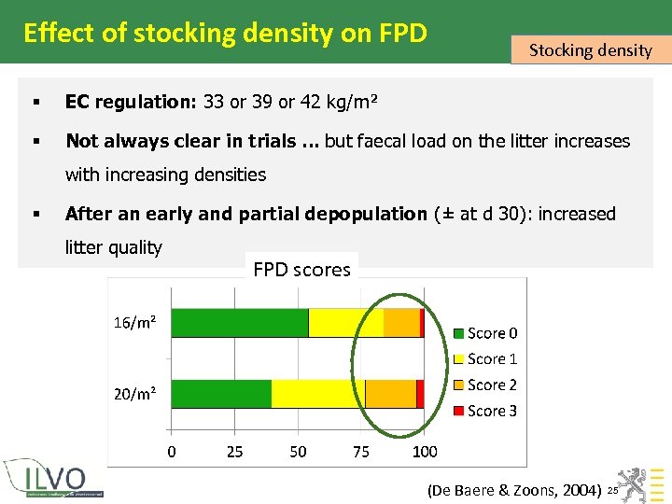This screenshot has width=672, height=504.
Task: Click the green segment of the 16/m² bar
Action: [x=240, y=322]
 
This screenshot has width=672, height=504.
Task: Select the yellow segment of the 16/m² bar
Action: [x=345, y=322]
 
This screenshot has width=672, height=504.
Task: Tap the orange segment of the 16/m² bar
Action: [x=401, y=322]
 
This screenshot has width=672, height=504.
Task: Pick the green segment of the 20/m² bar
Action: [x=221, y=393]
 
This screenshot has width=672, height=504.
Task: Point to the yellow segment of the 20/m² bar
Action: [x=317, y=393]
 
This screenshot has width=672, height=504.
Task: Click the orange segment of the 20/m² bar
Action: [x=390, y=393]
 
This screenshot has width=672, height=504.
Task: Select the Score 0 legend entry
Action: [x=485, y=333]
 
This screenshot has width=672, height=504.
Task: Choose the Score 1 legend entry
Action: [x=485, y=358]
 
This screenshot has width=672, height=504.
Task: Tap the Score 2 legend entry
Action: [x=485, y=385]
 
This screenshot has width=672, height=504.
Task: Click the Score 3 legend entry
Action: [x=485, y=411]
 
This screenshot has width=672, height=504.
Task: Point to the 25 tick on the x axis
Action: [x=234, y=452]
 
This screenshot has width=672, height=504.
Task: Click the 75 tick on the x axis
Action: [x=361, y=452]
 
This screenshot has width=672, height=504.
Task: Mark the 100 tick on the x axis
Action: [x=425, y=452]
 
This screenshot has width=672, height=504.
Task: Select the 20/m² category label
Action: [x=134, y=394]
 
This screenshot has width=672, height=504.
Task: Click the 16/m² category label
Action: [x=134, y=323]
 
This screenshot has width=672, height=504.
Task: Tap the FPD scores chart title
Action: [x=301, y=270]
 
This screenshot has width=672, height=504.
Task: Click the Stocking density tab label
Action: [x=590, y=50]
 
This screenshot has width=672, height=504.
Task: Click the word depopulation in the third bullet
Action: [x=365, y=214]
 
